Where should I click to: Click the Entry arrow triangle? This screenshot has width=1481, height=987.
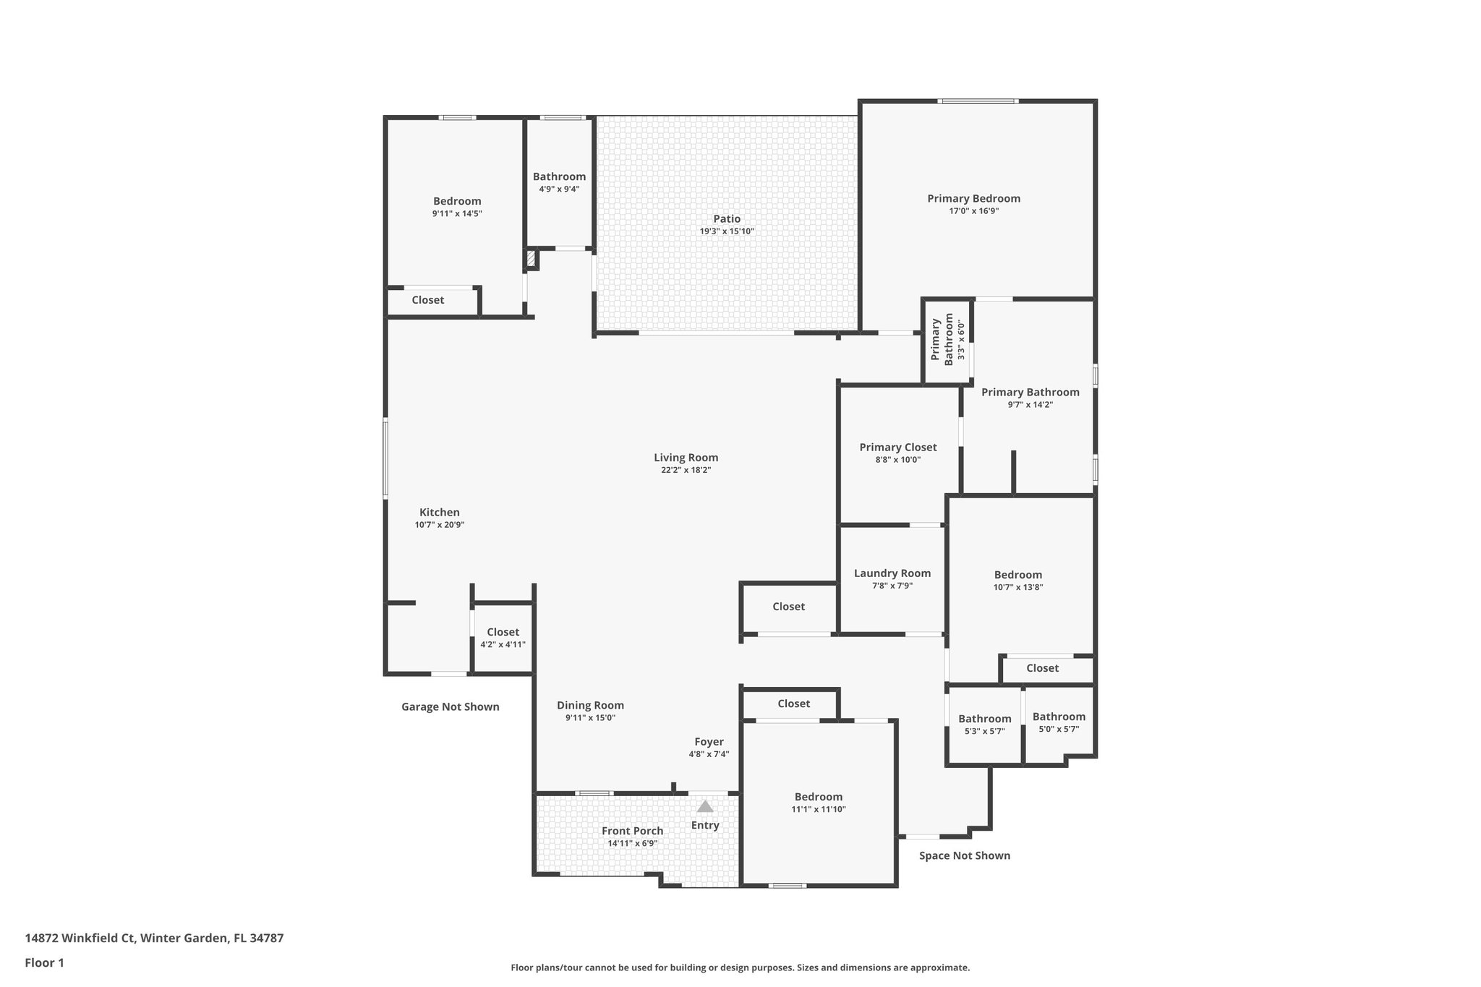pos(704,806)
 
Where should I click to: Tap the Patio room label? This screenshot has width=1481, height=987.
pos(727,218)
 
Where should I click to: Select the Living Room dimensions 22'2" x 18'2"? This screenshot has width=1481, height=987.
pos(686,470)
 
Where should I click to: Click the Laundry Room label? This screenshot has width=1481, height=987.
pos(892,573)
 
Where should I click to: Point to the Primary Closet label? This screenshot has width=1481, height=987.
pos(897,447)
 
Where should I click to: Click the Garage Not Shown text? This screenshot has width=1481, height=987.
pos(450,706)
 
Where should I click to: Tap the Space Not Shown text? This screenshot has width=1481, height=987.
pos(964,855)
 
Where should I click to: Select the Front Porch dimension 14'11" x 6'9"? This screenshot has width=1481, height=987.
pos(632,843)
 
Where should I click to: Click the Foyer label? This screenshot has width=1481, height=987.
pos(709,741)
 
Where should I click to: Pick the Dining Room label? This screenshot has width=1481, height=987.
pos(590,705)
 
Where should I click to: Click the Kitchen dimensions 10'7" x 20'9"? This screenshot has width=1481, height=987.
pos(439,525)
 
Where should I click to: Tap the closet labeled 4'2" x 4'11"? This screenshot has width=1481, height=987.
pos(503,638)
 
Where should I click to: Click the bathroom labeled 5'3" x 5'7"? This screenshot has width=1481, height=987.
pos(984,724)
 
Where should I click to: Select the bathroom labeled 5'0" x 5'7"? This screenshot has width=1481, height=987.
pos(1059,722)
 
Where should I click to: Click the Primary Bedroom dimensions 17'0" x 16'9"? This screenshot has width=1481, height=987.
pos(973,211)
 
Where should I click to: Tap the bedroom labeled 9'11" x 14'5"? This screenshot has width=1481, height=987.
pos(457,207)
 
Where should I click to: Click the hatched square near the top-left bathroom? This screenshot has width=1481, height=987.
pos(532,259)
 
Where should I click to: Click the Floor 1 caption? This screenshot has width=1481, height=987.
pos(44,962)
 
